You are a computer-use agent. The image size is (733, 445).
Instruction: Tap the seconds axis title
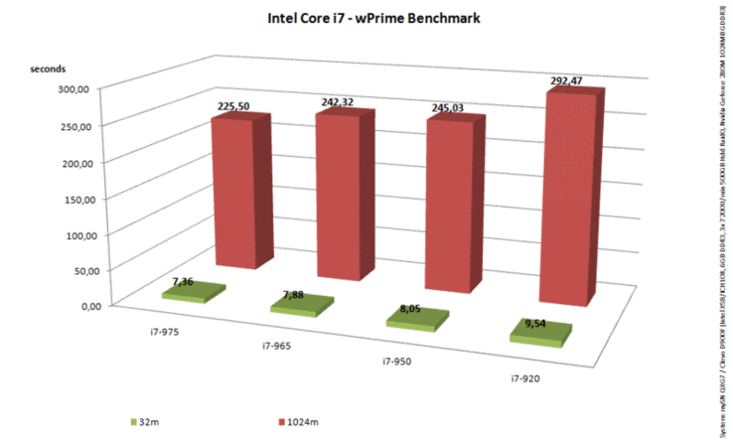tap(47, 69)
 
